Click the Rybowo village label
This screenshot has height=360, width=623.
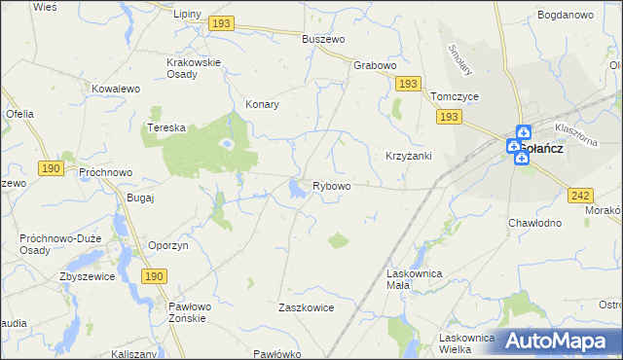(x=331, y=186)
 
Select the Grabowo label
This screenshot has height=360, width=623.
(x=375, y=66)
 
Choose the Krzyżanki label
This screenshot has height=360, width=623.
(x=408, y=156)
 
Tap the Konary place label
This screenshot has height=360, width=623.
(x=263, y=104)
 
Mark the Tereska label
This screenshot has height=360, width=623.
(x=165, y=127)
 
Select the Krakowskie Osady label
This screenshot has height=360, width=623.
(x=194, y=68)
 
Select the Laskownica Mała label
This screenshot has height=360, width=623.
(x=415, y=281)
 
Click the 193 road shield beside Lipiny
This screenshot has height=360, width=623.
(x=222, y=21)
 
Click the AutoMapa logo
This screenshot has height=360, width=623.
(x=557, y=340)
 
